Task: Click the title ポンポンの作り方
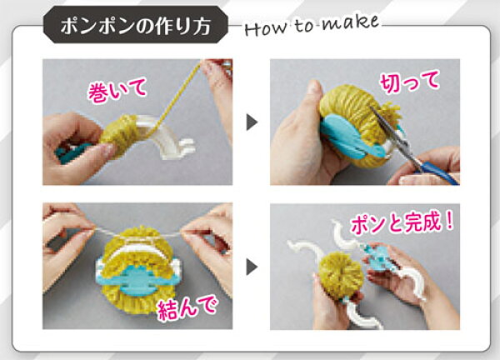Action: pyautogui.click(x=136, y=26)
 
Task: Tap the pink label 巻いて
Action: pyautogui.click(x=117, y=91)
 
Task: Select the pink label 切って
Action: pyautogui.click(x=409, y=82)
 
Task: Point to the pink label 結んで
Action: pyautogui.click(x=187, y=307)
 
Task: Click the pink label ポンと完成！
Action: pyautogui.click(x=402, y=222)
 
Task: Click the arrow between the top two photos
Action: pyautogui.click(x=252, y=122)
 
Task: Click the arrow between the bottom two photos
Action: pyautogui.click(x=252, y=267)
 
